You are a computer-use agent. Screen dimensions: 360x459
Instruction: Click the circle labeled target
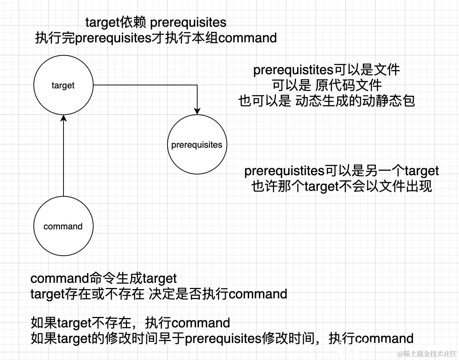(63, 85)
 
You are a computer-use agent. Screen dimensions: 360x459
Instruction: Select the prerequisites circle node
(197, 144)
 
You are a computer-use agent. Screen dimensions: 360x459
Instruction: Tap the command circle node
(63, 226)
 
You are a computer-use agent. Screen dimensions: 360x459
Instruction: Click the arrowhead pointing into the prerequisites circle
(197, 111)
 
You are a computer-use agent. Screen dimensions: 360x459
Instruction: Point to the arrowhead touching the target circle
(64, 118)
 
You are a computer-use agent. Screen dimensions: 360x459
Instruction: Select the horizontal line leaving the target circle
(145, 85)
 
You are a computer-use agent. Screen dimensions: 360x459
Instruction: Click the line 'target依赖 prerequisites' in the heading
(156, 23)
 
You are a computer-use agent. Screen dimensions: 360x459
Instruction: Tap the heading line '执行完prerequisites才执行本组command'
(156, 38)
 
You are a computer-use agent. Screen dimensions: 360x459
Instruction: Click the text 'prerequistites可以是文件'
(326, 70)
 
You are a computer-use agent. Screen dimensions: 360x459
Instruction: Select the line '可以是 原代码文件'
(326, 85)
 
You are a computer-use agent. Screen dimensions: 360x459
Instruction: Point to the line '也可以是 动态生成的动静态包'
(326, 101)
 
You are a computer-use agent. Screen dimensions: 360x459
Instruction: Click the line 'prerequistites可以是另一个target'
(341, 171)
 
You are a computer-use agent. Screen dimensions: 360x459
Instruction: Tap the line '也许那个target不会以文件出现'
(341, 186)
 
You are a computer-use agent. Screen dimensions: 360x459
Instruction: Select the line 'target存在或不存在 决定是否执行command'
(159, 294)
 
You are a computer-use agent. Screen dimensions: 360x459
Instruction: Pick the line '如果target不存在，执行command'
(130, 323)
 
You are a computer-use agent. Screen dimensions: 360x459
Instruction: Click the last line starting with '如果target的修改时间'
(222, 338)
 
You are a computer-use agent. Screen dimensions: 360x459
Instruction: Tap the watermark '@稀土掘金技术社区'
(427, 354)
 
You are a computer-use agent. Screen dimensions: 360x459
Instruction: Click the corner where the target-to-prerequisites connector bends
(197, 85)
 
